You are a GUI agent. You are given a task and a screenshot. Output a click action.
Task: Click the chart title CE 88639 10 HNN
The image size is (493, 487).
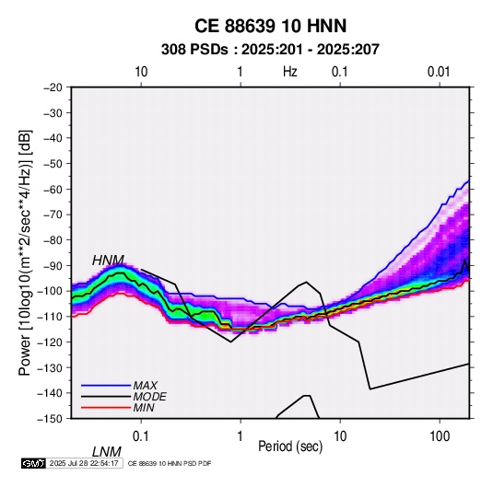click(270, 26)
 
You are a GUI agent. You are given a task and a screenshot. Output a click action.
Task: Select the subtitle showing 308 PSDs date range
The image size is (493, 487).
click(270, 50)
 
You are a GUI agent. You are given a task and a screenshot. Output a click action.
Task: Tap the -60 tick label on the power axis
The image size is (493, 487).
click(53, 189)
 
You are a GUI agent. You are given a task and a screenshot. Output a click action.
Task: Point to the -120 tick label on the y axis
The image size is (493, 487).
click(50, 342)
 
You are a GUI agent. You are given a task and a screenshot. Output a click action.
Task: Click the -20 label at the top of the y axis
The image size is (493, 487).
click(53, 87)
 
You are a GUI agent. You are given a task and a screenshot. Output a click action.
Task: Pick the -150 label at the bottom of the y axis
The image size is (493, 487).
click(50, 419)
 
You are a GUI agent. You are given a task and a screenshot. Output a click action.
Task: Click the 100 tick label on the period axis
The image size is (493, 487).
click(440, 435)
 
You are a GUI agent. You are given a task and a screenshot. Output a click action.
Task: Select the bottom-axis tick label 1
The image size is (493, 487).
click(241, 435)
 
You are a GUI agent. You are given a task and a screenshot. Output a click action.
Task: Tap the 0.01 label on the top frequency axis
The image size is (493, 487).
click(439, 72)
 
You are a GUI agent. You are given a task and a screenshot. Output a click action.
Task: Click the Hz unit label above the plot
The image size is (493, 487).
click(290, 72)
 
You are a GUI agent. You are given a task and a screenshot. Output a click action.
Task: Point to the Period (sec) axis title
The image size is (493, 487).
click(290, 446)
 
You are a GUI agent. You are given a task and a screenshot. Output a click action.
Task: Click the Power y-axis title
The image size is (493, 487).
click(25, 253)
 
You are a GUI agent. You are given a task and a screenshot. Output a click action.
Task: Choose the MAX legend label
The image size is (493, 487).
click(146, 385)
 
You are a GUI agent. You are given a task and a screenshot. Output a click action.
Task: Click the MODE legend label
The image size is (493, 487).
click(149, 397)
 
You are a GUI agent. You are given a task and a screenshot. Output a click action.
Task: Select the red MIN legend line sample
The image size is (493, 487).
click(106, 408)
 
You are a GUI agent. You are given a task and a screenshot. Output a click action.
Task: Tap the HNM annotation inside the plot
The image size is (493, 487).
click(108, 261)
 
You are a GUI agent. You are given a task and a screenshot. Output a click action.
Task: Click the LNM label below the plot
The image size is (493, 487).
click(107, 452)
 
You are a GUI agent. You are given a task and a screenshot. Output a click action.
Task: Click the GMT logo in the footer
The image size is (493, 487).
click(33, 463)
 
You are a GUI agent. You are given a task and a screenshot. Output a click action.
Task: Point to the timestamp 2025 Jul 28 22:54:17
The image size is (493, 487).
click(84, 463)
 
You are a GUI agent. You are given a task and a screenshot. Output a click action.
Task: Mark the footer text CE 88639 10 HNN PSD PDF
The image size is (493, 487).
click(170, 463)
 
